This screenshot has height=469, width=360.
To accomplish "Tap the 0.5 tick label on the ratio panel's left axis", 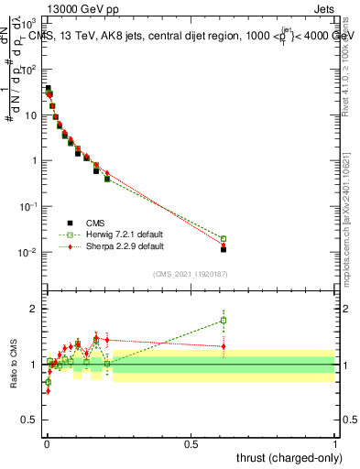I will point(31,421).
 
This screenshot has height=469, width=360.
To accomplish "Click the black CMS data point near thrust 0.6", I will point(224,249).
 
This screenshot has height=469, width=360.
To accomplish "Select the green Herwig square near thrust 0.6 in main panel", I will point(224,239).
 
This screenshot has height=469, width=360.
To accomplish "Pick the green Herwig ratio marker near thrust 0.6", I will point(224,321).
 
